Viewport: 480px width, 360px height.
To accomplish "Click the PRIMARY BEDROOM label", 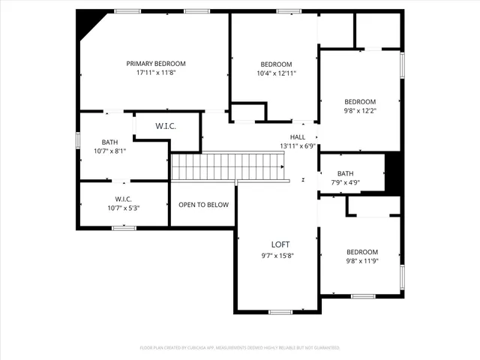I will click(x=155, y=64).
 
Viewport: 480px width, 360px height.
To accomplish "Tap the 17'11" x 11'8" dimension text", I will click(x=155, y=73).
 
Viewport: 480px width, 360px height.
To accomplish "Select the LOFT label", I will click(x=280, y=244).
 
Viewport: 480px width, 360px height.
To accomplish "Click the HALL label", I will click(x=298, y=137).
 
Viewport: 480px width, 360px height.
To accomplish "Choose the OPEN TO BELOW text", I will click(x=202, y=204).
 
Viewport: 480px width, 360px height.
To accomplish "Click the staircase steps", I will click(x=229, y=166).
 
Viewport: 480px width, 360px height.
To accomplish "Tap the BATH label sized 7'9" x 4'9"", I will click(x=345, y=173).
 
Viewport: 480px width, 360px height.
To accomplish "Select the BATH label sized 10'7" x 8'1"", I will click(x=110, y=142).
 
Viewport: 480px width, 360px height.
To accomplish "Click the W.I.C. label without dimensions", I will click(x=166, y=126).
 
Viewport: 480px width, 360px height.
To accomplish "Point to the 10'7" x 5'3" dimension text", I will click(x=124, y=208).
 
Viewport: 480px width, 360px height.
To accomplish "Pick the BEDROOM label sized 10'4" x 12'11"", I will click(x=276, y=64).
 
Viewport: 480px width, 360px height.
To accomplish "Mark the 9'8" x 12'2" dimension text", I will click(x=360, y=111).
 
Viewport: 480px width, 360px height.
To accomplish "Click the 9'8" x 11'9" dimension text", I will click(x=361, y=261).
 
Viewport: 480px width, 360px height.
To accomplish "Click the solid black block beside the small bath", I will click(x=394, y=173).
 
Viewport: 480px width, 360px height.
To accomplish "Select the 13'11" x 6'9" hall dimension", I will click(x=298, y=146).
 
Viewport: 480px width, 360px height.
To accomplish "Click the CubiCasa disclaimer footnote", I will click(x=240, y=348).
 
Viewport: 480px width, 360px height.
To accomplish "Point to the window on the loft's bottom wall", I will click(x=280, y=312).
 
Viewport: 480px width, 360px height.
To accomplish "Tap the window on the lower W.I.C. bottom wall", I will click(x=124, y=227).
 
